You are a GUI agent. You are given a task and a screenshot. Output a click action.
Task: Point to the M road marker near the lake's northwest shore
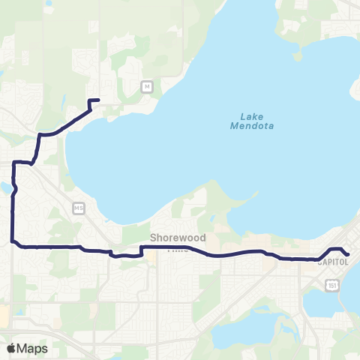(147, 87)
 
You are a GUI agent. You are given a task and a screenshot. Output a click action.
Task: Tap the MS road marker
(79, 206)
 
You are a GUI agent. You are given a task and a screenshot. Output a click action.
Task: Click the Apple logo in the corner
(11, 348)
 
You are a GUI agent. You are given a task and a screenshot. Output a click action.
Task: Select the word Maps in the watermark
(32, 348)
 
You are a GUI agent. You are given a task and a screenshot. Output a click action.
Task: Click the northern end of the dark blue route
(98, 100)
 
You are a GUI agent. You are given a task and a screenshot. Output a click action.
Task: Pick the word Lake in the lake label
(251, 115)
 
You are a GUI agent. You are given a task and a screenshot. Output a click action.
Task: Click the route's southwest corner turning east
(13, 241)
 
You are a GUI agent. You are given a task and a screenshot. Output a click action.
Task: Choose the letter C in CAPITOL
(320, 262)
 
